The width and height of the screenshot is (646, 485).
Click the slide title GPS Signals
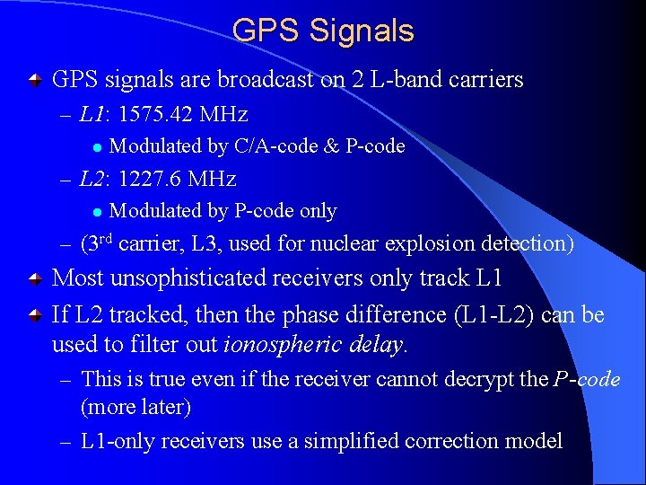[323, 31]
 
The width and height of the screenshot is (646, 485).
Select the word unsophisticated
[198, 278]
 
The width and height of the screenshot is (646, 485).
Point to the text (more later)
[135, 407]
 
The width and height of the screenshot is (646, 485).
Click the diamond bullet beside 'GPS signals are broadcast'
[34, 81]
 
